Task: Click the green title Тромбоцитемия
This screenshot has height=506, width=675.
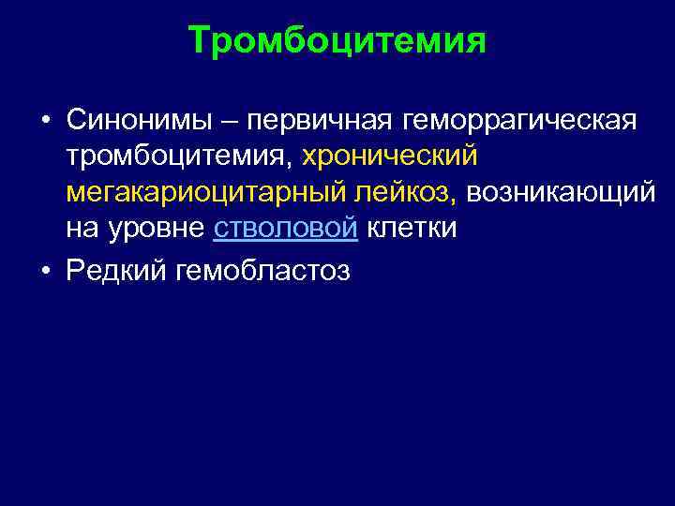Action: tap(337, 42)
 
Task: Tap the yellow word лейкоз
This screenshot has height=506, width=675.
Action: tap(407, 192)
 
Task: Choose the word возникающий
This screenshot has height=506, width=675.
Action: tap(561, 193)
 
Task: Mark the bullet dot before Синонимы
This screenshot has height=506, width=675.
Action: tap(44, 121)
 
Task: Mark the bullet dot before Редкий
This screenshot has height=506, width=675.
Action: tap(44, 272)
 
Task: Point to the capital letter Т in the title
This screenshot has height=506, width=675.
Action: tap(199, 42)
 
